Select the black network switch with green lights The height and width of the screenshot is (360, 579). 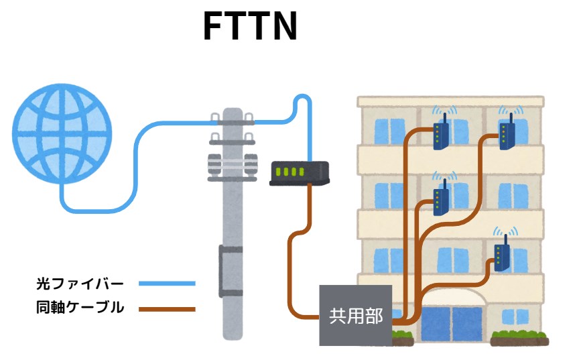[299, 174]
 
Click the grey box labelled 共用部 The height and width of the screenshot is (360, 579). [355, 315]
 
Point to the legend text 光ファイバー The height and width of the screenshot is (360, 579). [80, 284]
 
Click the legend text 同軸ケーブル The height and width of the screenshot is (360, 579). [80, 308]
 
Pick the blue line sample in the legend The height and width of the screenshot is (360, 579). [167, 284]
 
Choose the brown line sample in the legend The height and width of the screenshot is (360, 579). [167, 309]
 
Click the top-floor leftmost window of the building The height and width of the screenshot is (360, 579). [384, 130]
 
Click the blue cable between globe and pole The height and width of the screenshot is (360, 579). [134, 168]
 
